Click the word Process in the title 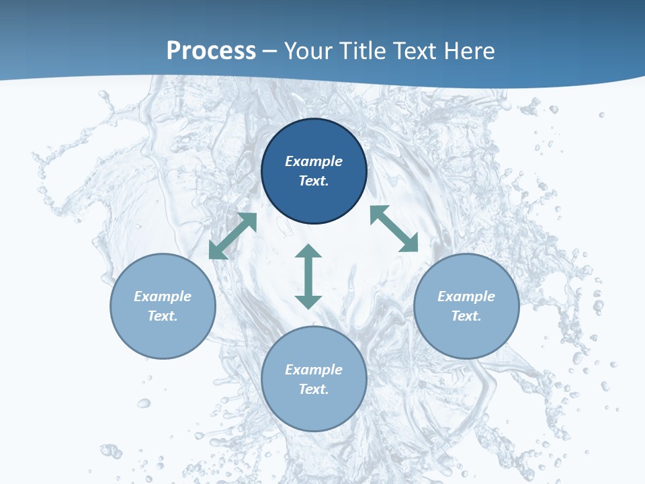point(211,51)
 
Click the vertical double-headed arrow point(308,276)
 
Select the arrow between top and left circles point(233,236)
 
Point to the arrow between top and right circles point(394,229)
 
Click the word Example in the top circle point(314,161)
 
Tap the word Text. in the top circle point(314,181)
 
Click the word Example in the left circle point(163,296)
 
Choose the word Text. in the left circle point(163,316)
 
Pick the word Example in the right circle point(466,296)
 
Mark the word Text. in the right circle point(466,316)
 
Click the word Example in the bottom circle point(314,370)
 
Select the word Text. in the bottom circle point(314,389)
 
